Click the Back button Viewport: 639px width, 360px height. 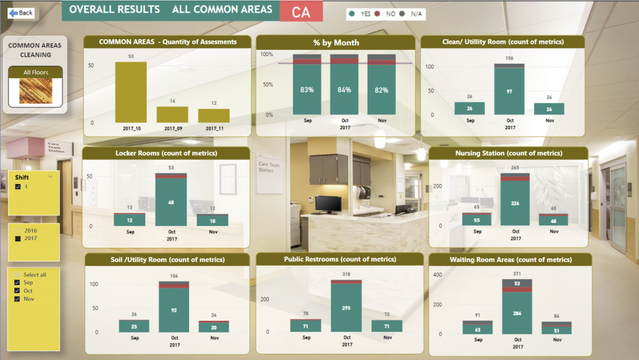[x=21, y=12]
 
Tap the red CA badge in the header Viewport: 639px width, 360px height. [x=301, y=11]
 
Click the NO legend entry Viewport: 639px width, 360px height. [x=388, y=14]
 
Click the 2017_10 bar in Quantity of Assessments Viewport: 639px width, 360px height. [x=130, y=92]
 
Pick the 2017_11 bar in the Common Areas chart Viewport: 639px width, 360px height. [x=214, y=115]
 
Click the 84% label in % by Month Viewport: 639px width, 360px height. [x=344, y=89]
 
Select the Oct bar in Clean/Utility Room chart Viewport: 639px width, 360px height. [x=509, y=90]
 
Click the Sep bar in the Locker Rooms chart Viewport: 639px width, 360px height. [x=129, y=220]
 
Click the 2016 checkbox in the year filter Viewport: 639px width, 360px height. [x=18, y=231]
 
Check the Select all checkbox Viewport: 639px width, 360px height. [x=18, y=275]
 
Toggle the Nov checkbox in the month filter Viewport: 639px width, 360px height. [x=18, y=299]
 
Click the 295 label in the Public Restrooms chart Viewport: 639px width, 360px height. [x=346, y=308]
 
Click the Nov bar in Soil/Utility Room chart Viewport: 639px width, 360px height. [x=214, y=327]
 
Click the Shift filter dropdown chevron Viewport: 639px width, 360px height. [x=50, y=177]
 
